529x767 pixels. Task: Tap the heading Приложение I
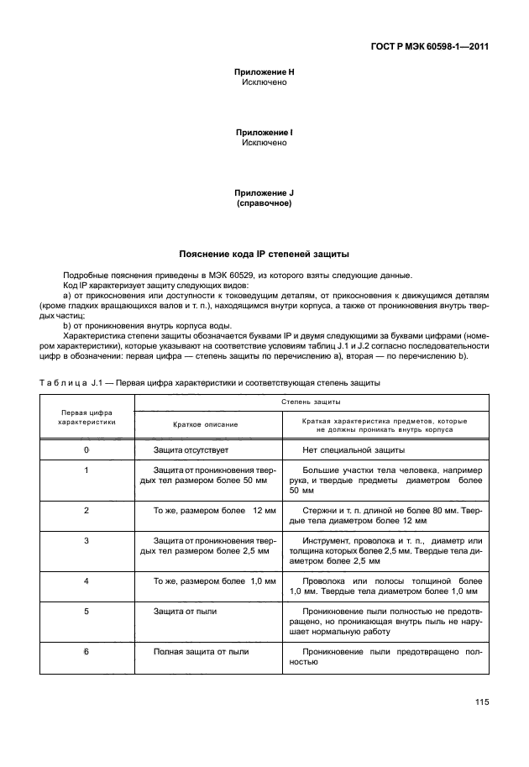[x=264, y=133]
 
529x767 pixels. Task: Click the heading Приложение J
[x=264, y=192]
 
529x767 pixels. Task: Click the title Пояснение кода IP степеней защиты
[x=264, y=253]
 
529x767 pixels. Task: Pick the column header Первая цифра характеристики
[x=86, y=418]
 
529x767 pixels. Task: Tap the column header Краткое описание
[x=206, y=424]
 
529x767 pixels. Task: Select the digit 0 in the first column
[x=86, y=450]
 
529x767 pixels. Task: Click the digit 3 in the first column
[x=86, y=540]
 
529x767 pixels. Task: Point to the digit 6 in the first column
[x=86, y=651]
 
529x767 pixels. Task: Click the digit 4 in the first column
[x=86, y=581]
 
